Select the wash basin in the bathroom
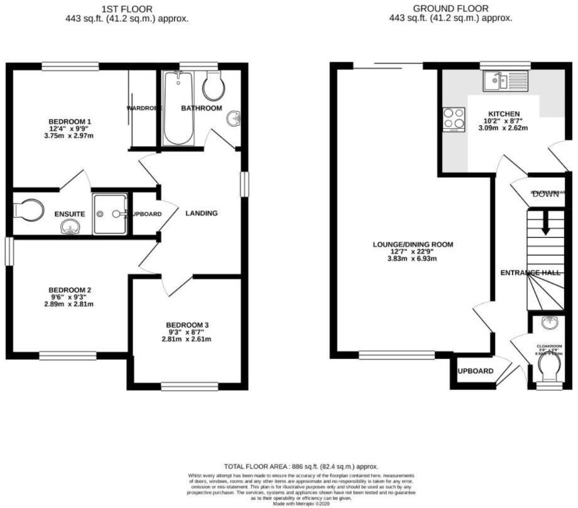point(234,118)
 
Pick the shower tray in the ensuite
point(110,214)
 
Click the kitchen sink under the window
point(505,80)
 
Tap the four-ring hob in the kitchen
point(454,119)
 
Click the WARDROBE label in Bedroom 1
point(144,108)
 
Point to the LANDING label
point(201,213)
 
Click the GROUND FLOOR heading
point(450,8)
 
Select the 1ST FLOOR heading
point(126,8)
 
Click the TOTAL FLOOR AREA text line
point(289,467)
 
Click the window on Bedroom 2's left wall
point(8,251)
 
